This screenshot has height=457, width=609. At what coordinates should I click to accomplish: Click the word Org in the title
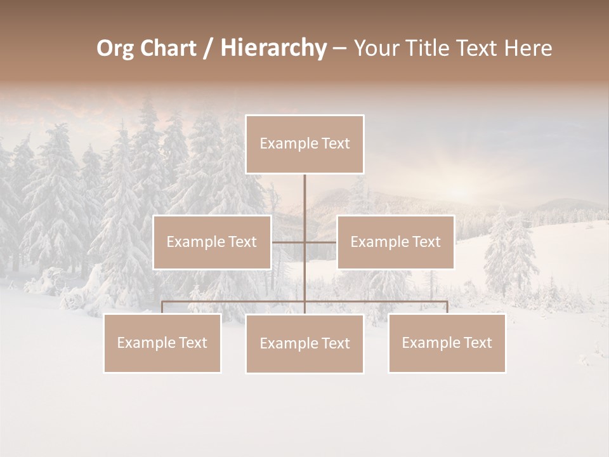pyautogui.click(x=115, y=48)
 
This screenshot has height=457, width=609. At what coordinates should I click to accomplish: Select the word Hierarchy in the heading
pyautogui.click(x=273, y=48)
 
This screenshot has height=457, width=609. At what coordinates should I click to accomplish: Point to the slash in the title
pyautogui.click(x=207, y=48)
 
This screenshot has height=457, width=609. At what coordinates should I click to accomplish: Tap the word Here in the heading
pyautogui.click(x=527, y=48)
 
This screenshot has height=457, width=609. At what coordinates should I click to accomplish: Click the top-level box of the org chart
pyautogui.click(x=304, y=144)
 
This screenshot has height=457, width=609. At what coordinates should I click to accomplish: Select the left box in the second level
pyautogui.click(x=212, y=242)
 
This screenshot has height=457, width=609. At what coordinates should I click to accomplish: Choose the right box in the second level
pyautogui.click(x=395, y=242)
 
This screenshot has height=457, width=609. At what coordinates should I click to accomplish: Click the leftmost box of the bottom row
pyautogui.click(x=162, y=343)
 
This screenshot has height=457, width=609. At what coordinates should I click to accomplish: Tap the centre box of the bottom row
pyautogui.click(x=304, y=343)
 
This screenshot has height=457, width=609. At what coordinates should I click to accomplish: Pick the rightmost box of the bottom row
pyautogui.click(x=447, y=343)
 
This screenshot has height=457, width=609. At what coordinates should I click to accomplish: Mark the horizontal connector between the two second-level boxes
pyautogui.click(x=304, y=242)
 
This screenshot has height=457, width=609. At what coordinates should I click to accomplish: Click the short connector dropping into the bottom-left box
pyautogui.click(x=162, y=307)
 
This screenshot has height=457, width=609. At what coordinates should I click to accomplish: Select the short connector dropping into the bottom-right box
pyautogui.click(x=447, y=307)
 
